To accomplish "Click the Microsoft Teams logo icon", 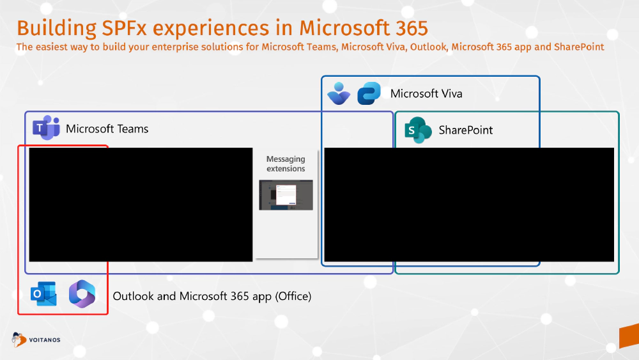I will (45, 129).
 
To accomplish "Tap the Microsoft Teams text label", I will (107, 129).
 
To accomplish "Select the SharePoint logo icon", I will (419, 130).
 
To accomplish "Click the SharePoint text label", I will (465, 130).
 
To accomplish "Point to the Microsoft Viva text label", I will (426, 94).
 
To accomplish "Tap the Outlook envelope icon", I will (44, 293).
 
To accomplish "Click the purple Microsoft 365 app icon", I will (82, 293).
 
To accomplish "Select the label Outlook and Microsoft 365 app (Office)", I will (212, 296).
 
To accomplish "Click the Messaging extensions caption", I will (286, 164).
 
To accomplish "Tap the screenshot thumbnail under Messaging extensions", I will (286, 195).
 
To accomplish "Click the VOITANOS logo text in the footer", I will (45, 340).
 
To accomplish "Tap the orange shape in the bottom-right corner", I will (629, 336).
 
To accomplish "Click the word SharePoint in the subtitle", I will (580, 47).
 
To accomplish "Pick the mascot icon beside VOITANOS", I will (20, 339).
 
